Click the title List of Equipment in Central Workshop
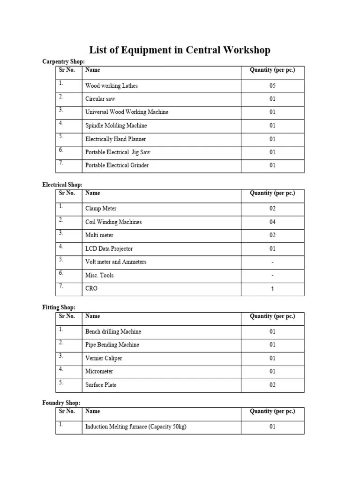point(180,50)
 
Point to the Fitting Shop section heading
point(59,307)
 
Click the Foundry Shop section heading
point(61,403)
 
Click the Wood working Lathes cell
point(112,86)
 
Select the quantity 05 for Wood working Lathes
point(272,86)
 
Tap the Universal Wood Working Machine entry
point(127,112)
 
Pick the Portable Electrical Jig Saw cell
point(118,152)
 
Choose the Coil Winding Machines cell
point(113,222)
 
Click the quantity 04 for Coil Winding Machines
point(272,222)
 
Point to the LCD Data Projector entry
point(109,248)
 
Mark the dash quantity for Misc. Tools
point(272,275)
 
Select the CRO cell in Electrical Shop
point(91,288)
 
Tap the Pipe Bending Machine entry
point(112,345)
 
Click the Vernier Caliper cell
point(104,358)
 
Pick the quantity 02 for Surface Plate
point(272,385)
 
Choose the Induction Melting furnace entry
point(136,427)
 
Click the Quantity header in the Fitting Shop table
point(272,316)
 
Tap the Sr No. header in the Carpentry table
point(67,70)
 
